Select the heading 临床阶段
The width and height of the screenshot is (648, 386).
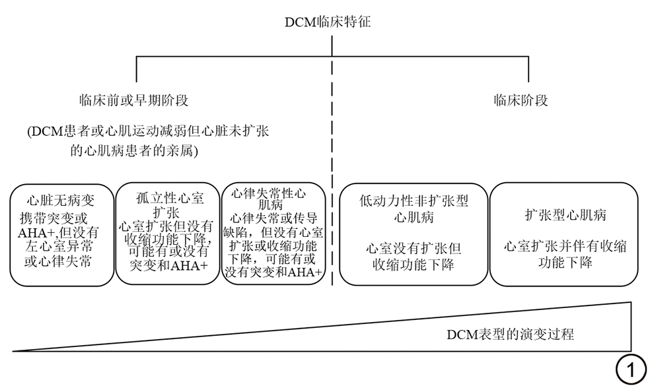point(521,101)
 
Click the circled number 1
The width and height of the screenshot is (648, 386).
point(631,370)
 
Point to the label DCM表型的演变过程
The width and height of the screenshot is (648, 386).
point(509,334)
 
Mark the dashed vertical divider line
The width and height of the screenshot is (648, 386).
point(332,198)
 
